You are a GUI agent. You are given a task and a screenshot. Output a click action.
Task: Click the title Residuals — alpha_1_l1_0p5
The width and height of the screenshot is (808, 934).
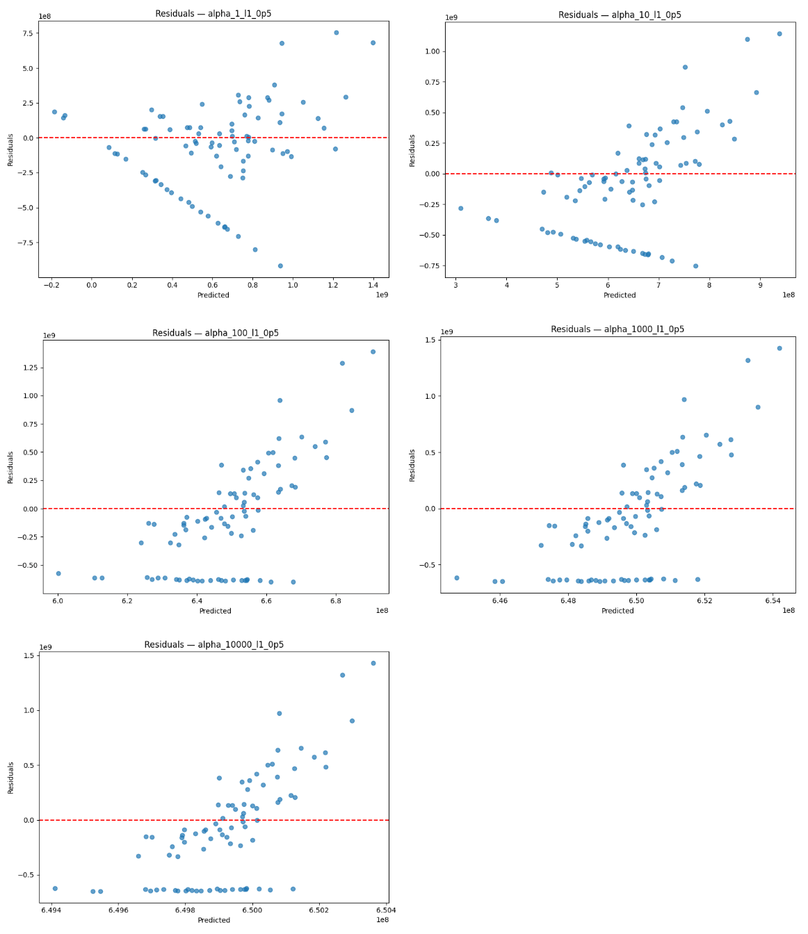click(213, 14)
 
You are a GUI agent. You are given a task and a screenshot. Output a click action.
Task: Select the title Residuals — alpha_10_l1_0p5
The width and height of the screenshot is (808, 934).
click(620, 15)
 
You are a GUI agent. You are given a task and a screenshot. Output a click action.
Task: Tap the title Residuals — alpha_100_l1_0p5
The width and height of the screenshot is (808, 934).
click(216, 333)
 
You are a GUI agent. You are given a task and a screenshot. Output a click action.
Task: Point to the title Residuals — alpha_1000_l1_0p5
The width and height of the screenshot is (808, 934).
click(617, 329)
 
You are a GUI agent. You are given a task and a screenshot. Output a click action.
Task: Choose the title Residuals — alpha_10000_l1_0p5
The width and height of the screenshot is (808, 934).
click(213, 644)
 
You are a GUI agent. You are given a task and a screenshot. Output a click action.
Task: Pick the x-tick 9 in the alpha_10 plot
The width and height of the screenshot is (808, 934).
click(760, 285)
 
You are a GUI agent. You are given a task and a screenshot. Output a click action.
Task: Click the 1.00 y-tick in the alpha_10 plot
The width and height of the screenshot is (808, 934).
click(431, 51)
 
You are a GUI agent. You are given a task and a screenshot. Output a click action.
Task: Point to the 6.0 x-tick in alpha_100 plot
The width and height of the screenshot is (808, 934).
click(58, 600)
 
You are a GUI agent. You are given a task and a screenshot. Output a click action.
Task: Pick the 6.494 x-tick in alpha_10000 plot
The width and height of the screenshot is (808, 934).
click(51, 910)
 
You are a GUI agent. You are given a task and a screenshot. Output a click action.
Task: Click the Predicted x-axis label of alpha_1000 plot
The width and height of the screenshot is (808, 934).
click(617, 611)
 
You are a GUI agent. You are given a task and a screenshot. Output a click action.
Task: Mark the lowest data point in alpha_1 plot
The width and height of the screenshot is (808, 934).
click(280, 265)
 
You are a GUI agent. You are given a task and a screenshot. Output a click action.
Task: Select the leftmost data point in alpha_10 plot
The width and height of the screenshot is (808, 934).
click(460, 208)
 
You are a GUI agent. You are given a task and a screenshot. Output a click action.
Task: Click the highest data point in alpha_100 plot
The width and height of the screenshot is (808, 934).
click(373, 352)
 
